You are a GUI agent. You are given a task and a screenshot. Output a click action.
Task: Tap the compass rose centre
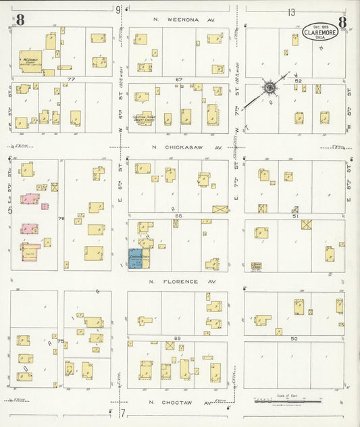[269, 88]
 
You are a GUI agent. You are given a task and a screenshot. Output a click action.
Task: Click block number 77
[70, 79]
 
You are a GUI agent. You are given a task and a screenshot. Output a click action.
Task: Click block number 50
[294, 338]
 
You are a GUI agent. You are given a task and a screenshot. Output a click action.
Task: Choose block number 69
[178, 338]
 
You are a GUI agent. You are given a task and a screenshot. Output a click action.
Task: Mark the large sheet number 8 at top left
[20, 20]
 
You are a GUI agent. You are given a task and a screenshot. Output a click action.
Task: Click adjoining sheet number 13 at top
[291, 12]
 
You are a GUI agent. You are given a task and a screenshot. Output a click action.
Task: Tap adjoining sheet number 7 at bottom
[123, 411]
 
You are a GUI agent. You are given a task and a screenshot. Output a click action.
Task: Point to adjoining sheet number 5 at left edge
[9, 211]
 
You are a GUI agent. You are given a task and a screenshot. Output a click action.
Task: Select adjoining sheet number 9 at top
[118, 9]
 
